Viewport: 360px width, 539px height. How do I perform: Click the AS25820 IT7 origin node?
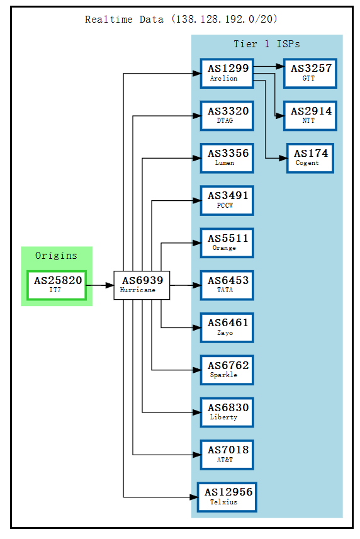(57, 285)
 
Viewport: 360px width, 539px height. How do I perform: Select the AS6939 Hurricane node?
(142, 285)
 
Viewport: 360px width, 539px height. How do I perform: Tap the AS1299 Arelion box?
(227, 73)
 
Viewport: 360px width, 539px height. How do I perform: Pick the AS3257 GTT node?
(310, 73)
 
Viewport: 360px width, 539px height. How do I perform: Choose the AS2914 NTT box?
(310, 115)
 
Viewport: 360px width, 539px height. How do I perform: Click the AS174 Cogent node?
(310, 158)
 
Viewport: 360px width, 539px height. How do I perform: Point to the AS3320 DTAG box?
(227, 115)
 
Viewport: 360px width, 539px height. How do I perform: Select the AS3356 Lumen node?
(227, 158)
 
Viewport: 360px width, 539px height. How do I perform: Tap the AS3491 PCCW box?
(227, 200)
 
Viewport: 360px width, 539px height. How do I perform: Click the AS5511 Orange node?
(227, 243)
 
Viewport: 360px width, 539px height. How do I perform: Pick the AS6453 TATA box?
(227, 285)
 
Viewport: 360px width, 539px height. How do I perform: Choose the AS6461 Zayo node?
(227, 327)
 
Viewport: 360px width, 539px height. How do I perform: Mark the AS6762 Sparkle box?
(227, 370)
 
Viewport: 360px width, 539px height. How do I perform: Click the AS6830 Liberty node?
(227, 412)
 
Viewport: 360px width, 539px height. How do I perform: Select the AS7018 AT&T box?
(227, 455)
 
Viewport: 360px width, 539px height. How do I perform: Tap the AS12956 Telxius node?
(227, 497)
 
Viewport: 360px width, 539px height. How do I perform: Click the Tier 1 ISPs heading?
(267, 44)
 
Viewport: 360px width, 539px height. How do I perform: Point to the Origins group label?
(56, 256)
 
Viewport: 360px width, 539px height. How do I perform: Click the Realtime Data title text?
(181, 20)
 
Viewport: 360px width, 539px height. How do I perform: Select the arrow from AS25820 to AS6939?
(99, 285)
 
